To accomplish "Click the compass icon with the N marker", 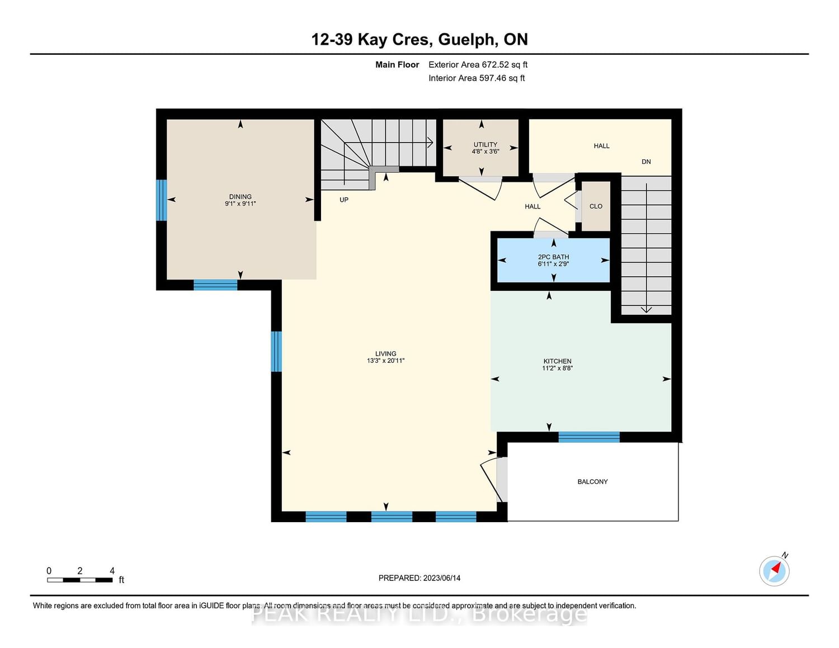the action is click(x=774, y=571).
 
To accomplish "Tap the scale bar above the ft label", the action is click(x=80, y=580).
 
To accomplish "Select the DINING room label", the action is click(x=240, y=196).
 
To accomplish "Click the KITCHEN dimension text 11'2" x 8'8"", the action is click(x=557, y=368).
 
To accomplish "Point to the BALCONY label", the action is click(x=592, y=481).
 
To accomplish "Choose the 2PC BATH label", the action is click(x=553, y=257).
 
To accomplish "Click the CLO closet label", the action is click(x=596, y=206).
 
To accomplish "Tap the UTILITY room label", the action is click(x=486, y=144).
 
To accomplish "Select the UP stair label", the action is click(x=343, y=200).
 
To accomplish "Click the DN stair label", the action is click(x=646, y=162).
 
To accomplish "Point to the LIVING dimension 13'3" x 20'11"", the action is click(x=385, y=361).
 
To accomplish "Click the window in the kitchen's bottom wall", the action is click(x=589, y=437).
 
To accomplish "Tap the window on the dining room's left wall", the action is click(x=162, y=200).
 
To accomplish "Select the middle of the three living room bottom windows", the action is click(x=392, y=517).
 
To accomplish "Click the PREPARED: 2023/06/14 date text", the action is click(x=419, y=578).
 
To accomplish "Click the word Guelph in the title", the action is click(x=465, y=40).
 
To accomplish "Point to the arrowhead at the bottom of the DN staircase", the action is click(x=646, y=310).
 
